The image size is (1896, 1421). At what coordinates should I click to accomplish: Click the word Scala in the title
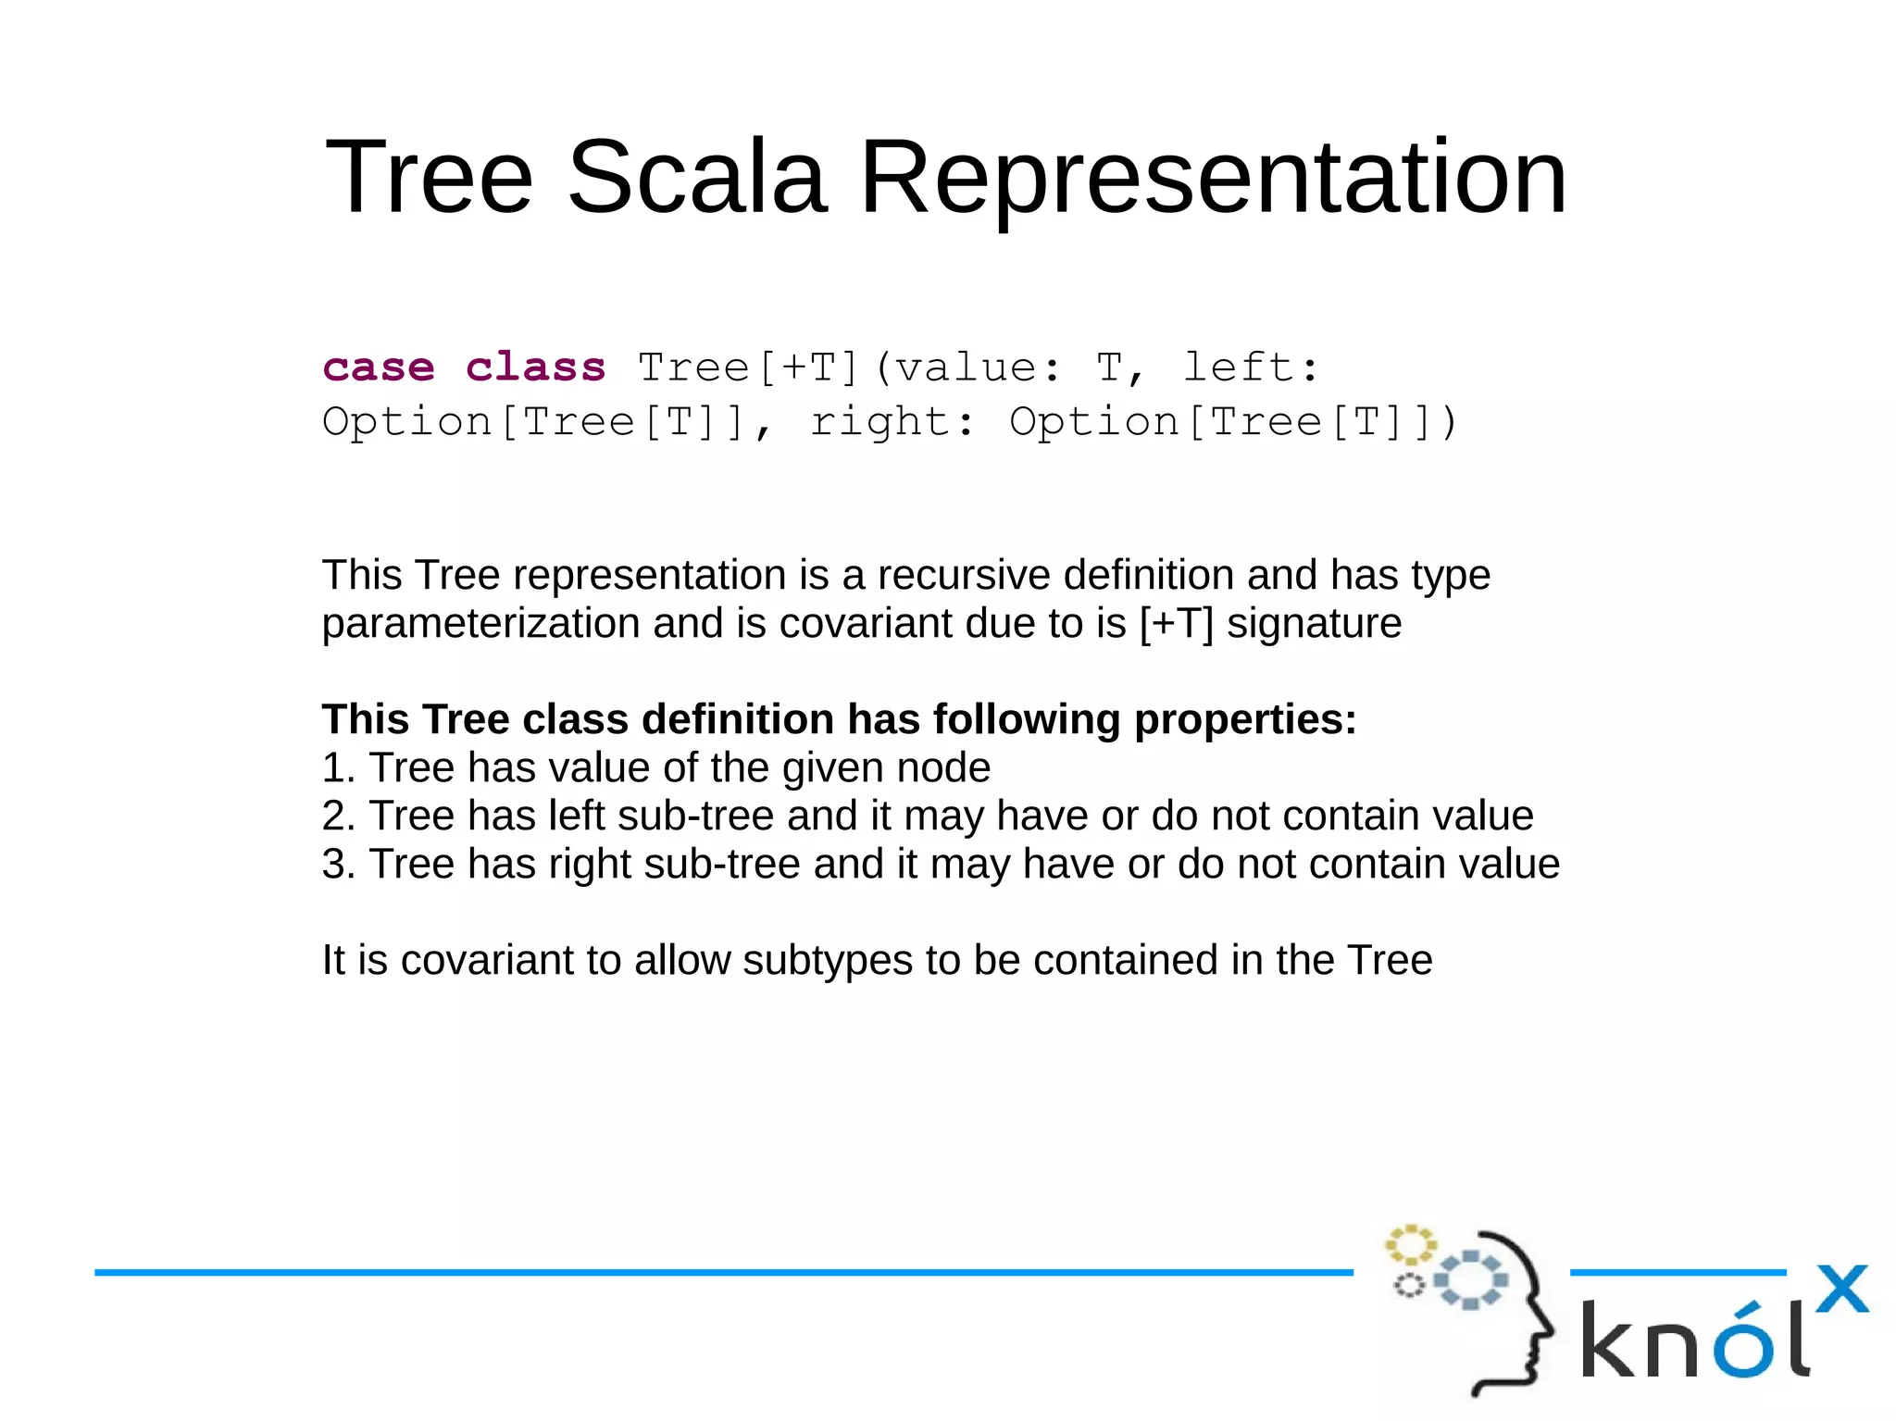pyautogui.click(x=695, y=177)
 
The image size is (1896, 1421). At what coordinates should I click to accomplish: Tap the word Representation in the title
pyautogui.click(x=1213, y=177)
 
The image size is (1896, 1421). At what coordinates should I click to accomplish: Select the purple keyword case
pyautogui.click(x=379, y=368)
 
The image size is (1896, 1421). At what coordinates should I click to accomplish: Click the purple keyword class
pyautogui.click(x=536, y=368)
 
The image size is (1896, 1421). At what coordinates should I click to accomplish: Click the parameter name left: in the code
pyautogui.click(x=1252, y=368)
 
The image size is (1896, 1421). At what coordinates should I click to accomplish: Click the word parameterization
pyautogui.click(x=481, y=623)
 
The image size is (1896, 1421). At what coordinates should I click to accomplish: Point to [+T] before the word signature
pyautogui.click(x=1176, y=623)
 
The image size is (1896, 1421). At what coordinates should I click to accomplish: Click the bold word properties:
pyautogui.click(x=1245, y=719)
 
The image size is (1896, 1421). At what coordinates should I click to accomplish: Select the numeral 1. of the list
pyautogui.click(x=338, y=767)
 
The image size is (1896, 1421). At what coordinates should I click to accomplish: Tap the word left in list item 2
pyautogui.click(x=576, y=816)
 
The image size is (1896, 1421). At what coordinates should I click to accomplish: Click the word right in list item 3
pyautogui.click(x=589, y=864)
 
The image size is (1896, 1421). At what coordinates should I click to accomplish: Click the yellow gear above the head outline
pyautogui.click(x=1410, y=1245)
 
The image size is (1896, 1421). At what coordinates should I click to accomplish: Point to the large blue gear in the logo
pyautogui.click(x=1471, y=1280)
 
